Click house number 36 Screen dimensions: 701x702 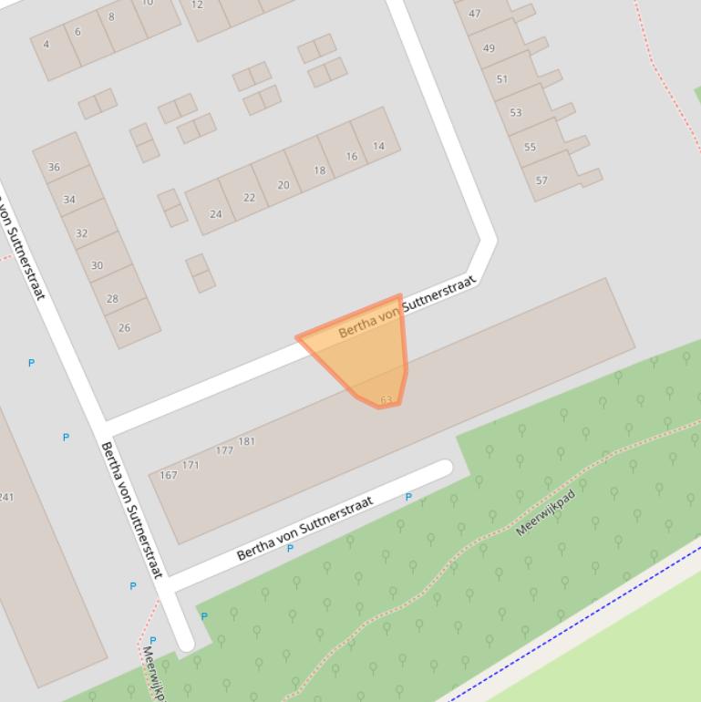[x=54, y=167]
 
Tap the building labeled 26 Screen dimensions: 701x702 [x=124, y=327]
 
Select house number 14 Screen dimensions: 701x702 [x=378, y=146]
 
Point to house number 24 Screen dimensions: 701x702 [x=215, y=214]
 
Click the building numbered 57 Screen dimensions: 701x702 [x=541, y=181]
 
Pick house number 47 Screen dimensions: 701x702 [x=474, y=14]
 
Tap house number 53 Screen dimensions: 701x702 [x=516, y=113]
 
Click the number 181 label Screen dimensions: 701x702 [x=246, y=442]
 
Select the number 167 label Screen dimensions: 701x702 [x=169, y=475]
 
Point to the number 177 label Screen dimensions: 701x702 [x=224, y=450]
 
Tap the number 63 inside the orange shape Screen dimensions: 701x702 [x=386, y=400]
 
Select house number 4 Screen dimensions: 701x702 [x=46, y=44]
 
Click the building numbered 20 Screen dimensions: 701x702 [x=283, y=185]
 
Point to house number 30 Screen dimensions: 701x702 [x=97, y=265]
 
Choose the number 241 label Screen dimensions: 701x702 [x=6, y=497]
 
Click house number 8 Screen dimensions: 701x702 [x=111, y=16]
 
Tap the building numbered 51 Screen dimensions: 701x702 [x=502, y=79]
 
